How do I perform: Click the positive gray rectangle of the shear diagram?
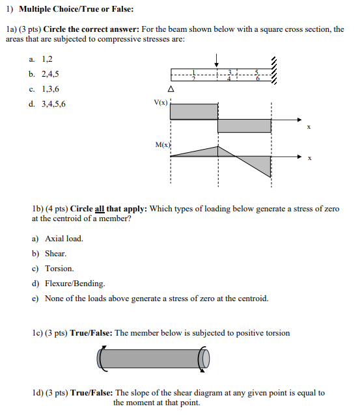tap(193, 111)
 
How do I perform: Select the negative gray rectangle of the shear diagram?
tap(244, 126)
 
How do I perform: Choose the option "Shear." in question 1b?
tap(56, 254)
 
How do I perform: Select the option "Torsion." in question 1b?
tap(59, 269)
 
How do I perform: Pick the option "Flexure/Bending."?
tap(74, 284)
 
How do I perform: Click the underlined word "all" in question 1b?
tap(100, 208)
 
